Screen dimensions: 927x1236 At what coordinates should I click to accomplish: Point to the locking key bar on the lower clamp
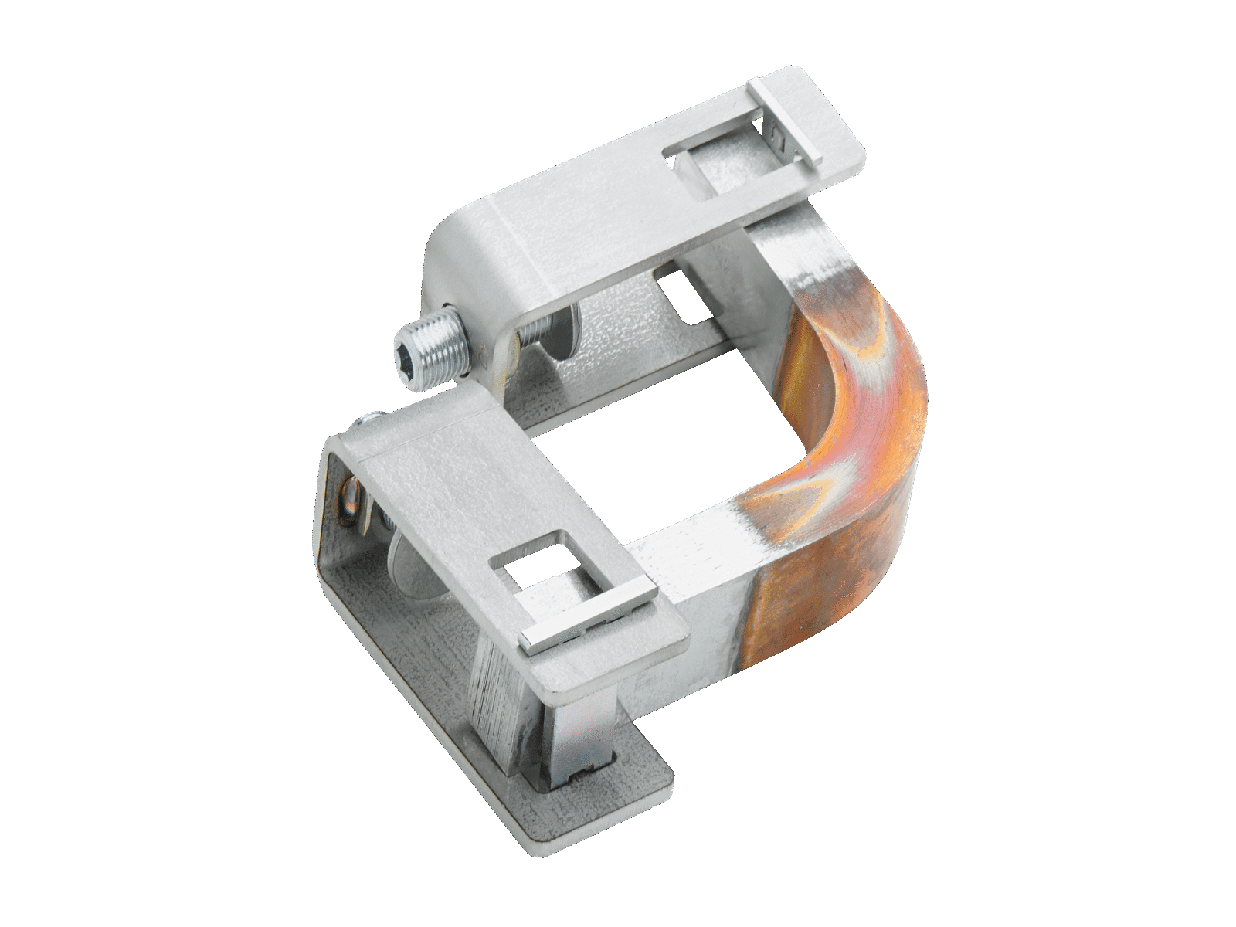[x=586, y=626]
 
